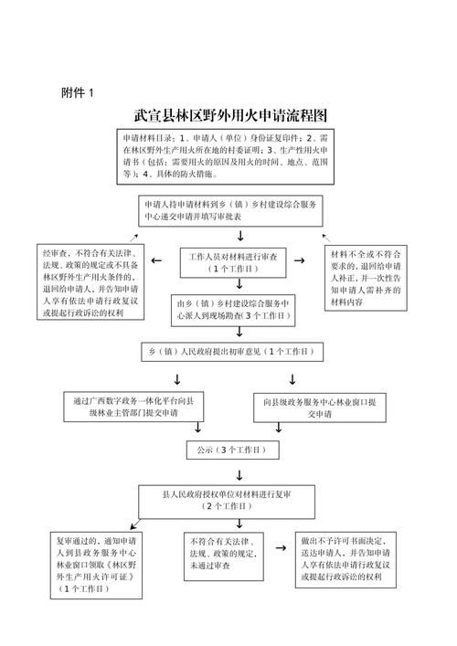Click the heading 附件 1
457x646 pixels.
point(77,91)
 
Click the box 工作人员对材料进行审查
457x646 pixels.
point(232,263)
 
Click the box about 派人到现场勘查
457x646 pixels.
point(236,311)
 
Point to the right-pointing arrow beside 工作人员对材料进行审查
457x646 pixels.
point(300,261)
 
